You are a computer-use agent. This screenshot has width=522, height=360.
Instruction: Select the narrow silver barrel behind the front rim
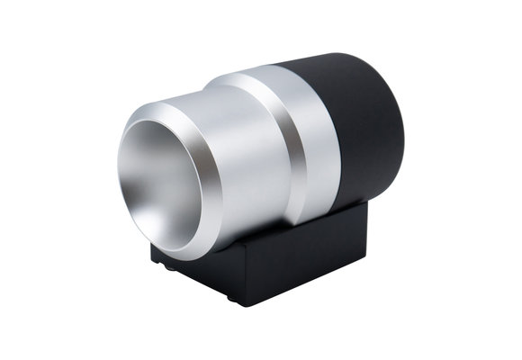[x=243, y=171]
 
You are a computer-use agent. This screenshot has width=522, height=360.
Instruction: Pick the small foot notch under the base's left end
[x=160, y=266]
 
